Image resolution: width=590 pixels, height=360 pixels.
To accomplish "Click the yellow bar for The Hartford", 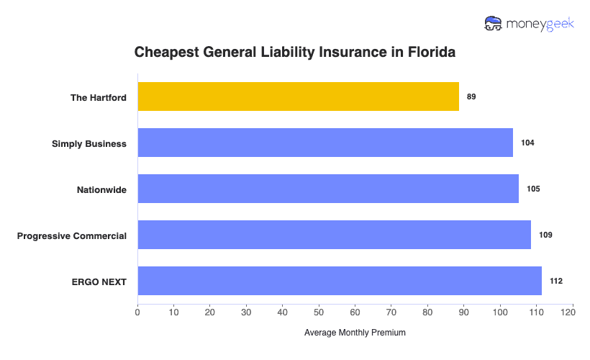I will point(298,96).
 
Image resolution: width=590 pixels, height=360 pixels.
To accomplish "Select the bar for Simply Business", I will point(325,143).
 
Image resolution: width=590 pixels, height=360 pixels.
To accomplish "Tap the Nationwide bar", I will point(327,189).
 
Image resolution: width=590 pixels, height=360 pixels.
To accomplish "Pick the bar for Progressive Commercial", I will point(334,235).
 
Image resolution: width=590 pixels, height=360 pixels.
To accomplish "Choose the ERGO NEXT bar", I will point(339,281).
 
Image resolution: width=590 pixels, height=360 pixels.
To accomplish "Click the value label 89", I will point(471,96).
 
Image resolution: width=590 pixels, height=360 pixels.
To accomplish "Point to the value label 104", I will point(527,143).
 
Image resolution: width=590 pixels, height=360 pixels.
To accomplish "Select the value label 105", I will point(532,189).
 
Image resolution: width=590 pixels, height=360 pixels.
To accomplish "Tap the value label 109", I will point(545,235).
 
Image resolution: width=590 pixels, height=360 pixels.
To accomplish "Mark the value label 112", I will point(556,281).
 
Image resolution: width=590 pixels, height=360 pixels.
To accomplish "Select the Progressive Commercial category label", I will point(72,235).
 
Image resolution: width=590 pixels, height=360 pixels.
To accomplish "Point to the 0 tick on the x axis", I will point(137,312).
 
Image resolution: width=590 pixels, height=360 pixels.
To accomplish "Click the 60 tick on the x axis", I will point(355,312).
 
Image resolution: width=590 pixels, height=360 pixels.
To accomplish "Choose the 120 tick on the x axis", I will point(572,312).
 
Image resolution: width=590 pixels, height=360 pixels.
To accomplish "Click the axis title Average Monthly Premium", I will point(355,333).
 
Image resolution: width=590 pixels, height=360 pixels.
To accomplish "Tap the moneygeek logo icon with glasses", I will point(494,23).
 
